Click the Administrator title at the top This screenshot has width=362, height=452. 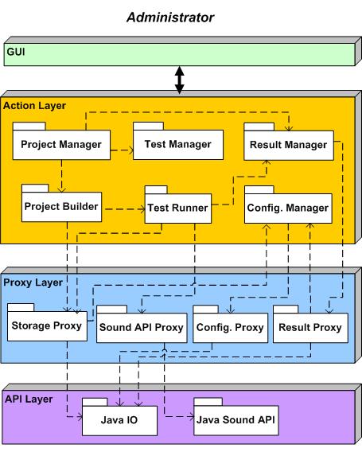[x=170, y=18]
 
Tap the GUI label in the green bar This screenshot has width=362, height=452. [x=16, y=52]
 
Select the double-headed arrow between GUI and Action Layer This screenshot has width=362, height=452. [x=180, y=80]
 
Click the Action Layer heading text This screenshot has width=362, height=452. [x=34, y=106]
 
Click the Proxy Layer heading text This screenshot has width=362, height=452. [x=33, y=282]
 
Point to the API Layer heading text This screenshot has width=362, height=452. [x=29, y=399]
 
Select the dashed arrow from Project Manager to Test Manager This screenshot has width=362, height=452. [x=123, y=150]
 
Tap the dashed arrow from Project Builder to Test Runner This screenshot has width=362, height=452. [x=125, y=209]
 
